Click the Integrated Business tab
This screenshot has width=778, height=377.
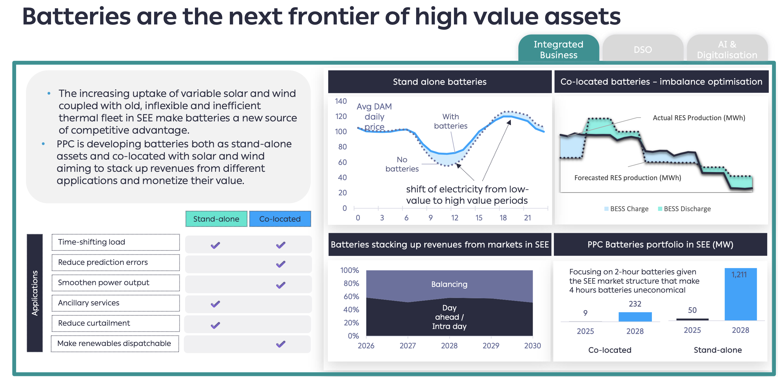pyautogui.click(x=558, y=49)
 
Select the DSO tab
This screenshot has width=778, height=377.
pyautogui.click(x=643, y=49)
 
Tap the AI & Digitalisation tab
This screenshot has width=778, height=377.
pyautogui.click(x=727, y=49)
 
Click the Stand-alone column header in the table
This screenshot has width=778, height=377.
pyautogui.click(x=216, y=219)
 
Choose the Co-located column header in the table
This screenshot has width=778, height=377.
pyautogui.click(x=280, y=219)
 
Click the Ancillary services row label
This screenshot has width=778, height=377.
pyautogui.click(x=89, y=303)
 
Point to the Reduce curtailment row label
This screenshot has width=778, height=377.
pyautogui.click(x=94, y=323)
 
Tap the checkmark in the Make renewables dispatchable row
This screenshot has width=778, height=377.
pyautogui.click(x=280, y=344)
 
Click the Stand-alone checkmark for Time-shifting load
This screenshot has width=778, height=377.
pyautogui.click(x=215, y=245)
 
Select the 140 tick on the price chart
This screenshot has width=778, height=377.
pyautogui.click(x=341, y=101)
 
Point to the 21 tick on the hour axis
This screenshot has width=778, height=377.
pyautogui.click(x=527, y=217)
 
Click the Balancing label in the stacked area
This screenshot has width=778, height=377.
pyautogui.click(x=449, y=284)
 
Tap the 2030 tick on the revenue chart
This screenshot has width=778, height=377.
pyautogui.click(x=532, y=346)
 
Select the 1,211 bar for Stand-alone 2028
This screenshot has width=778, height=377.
pyautogui.click(x=740, y=295)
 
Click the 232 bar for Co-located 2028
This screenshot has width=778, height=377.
pyautogui.click(x=635, y=316)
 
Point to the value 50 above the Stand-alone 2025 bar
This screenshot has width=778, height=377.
pyautogui.click(x=692, y=310)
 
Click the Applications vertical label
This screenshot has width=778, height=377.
pyautogui.click(x=35, y=293)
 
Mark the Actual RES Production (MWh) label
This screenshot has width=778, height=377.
pyautogui.click(x=699, y=118)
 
